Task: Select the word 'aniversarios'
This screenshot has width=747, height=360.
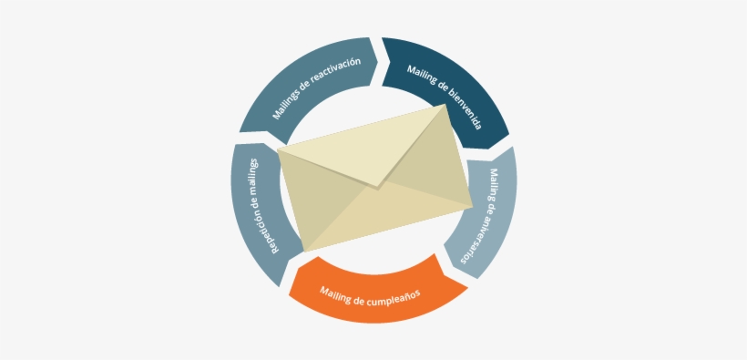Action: (x=478, y=236)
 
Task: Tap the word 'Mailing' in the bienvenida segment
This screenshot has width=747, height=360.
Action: (x=422, y=76)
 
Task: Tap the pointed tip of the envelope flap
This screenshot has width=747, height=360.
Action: (x=375, y=188)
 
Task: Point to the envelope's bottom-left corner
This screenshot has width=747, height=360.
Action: (x=304, y=251)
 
